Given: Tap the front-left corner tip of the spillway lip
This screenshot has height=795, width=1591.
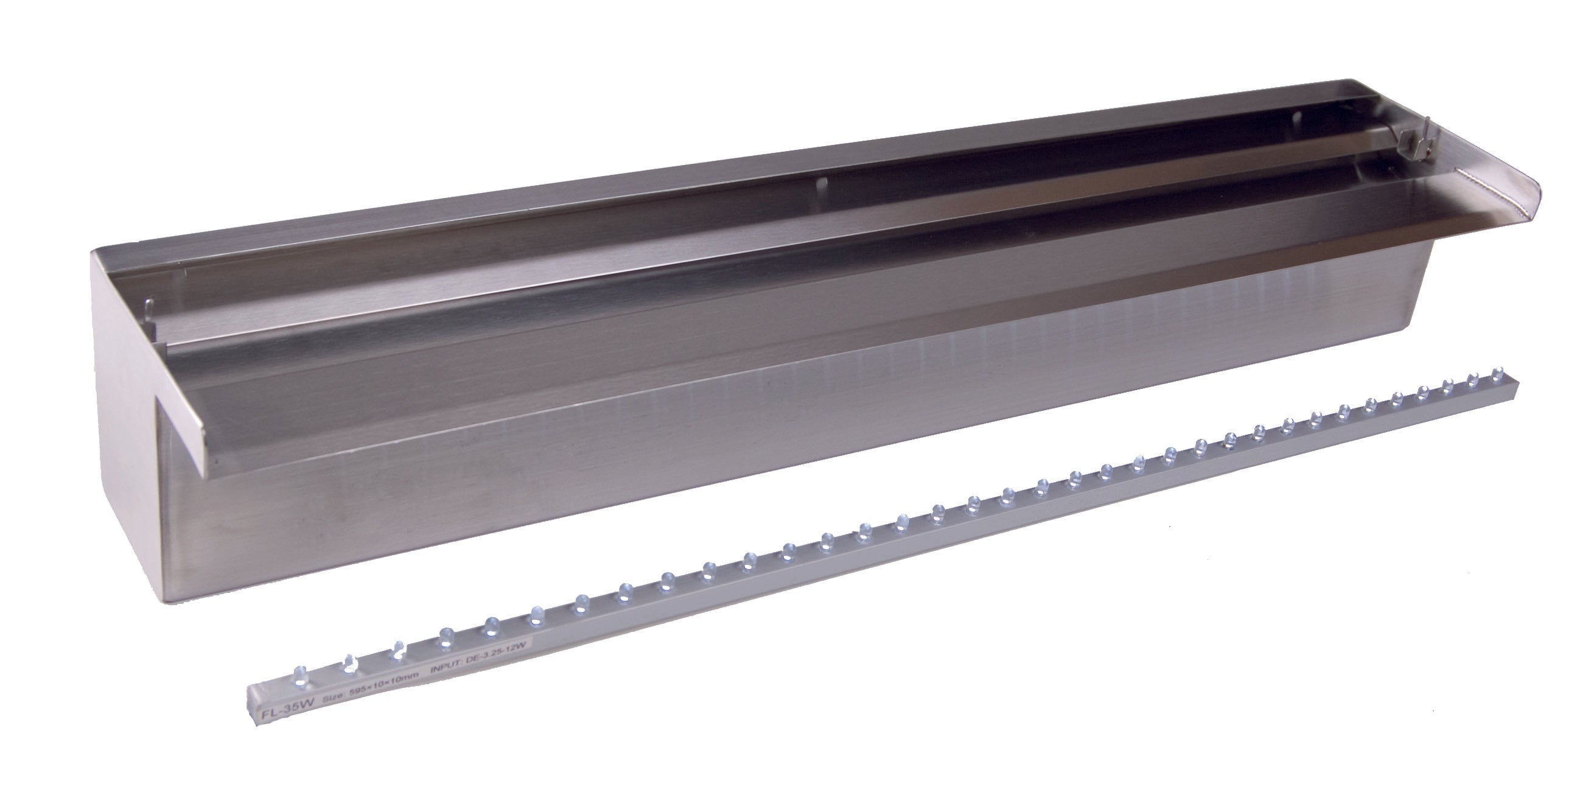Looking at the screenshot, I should coord(208,475).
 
